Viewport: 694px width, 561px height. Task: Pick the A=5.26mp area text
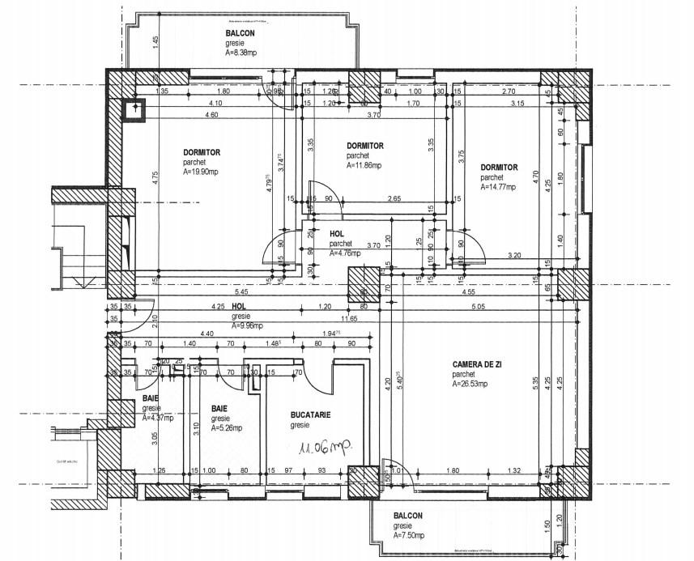226,428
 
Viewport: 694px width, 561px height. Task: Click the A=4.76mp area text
345,253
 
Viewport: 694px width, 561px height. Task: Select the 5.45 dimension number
241,291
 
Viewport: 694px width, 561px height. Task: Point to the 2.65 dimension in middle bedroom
394,198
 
